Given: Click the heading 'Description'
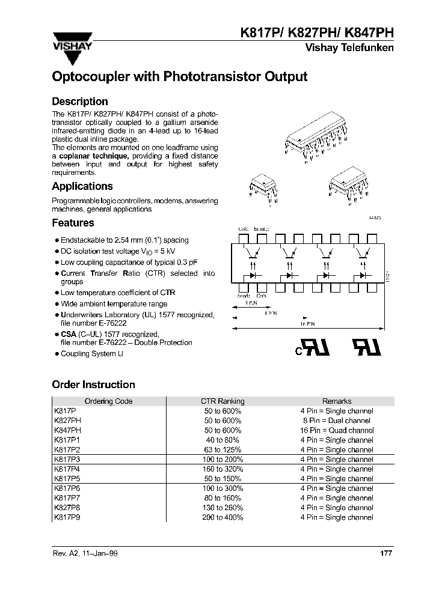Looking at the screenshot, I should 80,102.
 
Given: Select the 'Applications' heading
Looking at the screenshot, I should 82,186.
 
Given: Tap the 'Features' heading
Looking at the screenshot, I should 73,223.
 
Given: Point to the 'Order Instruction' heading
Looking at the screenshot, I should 93,385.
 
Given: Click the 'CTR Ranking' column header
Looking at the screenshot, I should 223,401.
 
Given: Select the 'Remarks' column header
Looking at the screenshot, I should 337,401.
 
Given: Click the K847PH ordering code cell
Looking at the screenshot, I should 67,430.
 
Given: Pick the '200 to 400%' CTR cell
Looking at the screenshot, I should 223,517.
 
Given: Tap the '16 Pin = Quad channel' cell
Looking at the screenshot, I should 337,430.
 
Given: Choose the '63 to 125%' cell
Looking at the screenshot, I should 223,449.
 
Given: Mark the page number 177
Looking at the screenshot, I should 386,553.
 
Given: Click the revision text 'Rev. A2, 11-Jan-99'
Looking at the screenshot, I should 85,553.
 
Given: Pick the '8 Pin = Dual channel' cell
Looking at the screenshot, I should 337,421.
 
